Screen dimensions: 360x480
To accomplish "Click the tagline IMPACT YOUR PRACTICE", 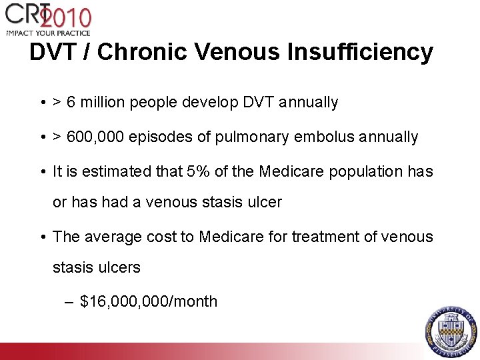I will coord(48,31).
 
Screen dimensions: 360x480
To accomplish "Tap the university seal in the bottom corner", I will coord(451,331).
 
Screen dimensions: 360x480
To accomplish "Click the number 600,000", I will coord(93,137).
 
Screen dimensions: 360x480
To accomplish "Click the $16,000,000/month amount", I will coord(149,301).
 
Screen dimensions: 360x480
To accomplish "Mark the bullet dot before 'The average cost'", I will coord(42,237).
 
